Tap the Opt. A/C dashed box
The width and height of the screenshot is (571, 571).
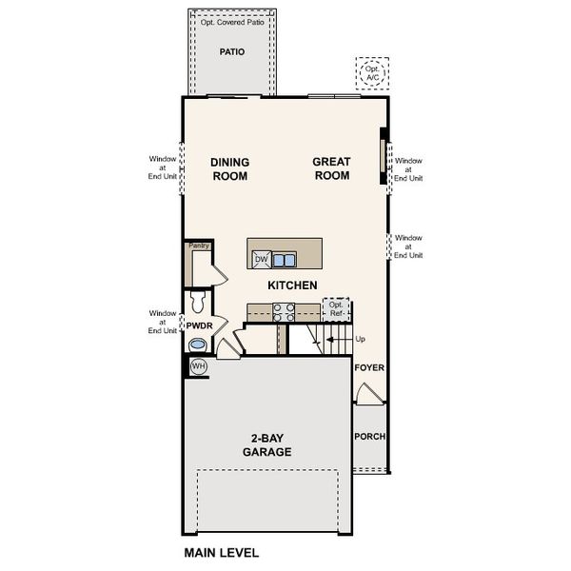click(372, 71)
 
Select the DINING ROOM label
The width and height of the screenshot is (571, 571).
click(229, 169)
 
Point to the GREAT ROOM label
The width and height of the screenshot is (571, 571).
click(331, 169)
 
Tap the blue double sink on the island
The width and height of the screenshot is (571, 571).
click(284, 259)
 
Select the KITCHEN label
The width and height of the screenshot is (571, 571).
click(292, 285)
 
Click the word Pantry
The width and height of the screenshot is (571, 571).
click(199, 246)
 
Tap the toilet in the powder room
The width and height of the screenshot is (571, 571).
click(198, 303)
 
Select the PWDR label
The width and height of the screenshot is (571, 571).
click(198, 326)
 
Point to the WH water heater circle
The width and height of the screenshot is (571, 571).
click(199, 366)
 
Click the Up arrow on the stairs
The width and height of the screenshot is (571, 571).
click(333, 339)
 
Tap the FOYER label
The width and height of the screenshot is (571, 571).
click(368, 366)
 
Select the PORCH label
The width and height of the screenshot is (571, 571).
click(369, 437)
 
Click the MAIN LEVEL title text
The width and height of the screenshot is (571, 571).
click(220, 551)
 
